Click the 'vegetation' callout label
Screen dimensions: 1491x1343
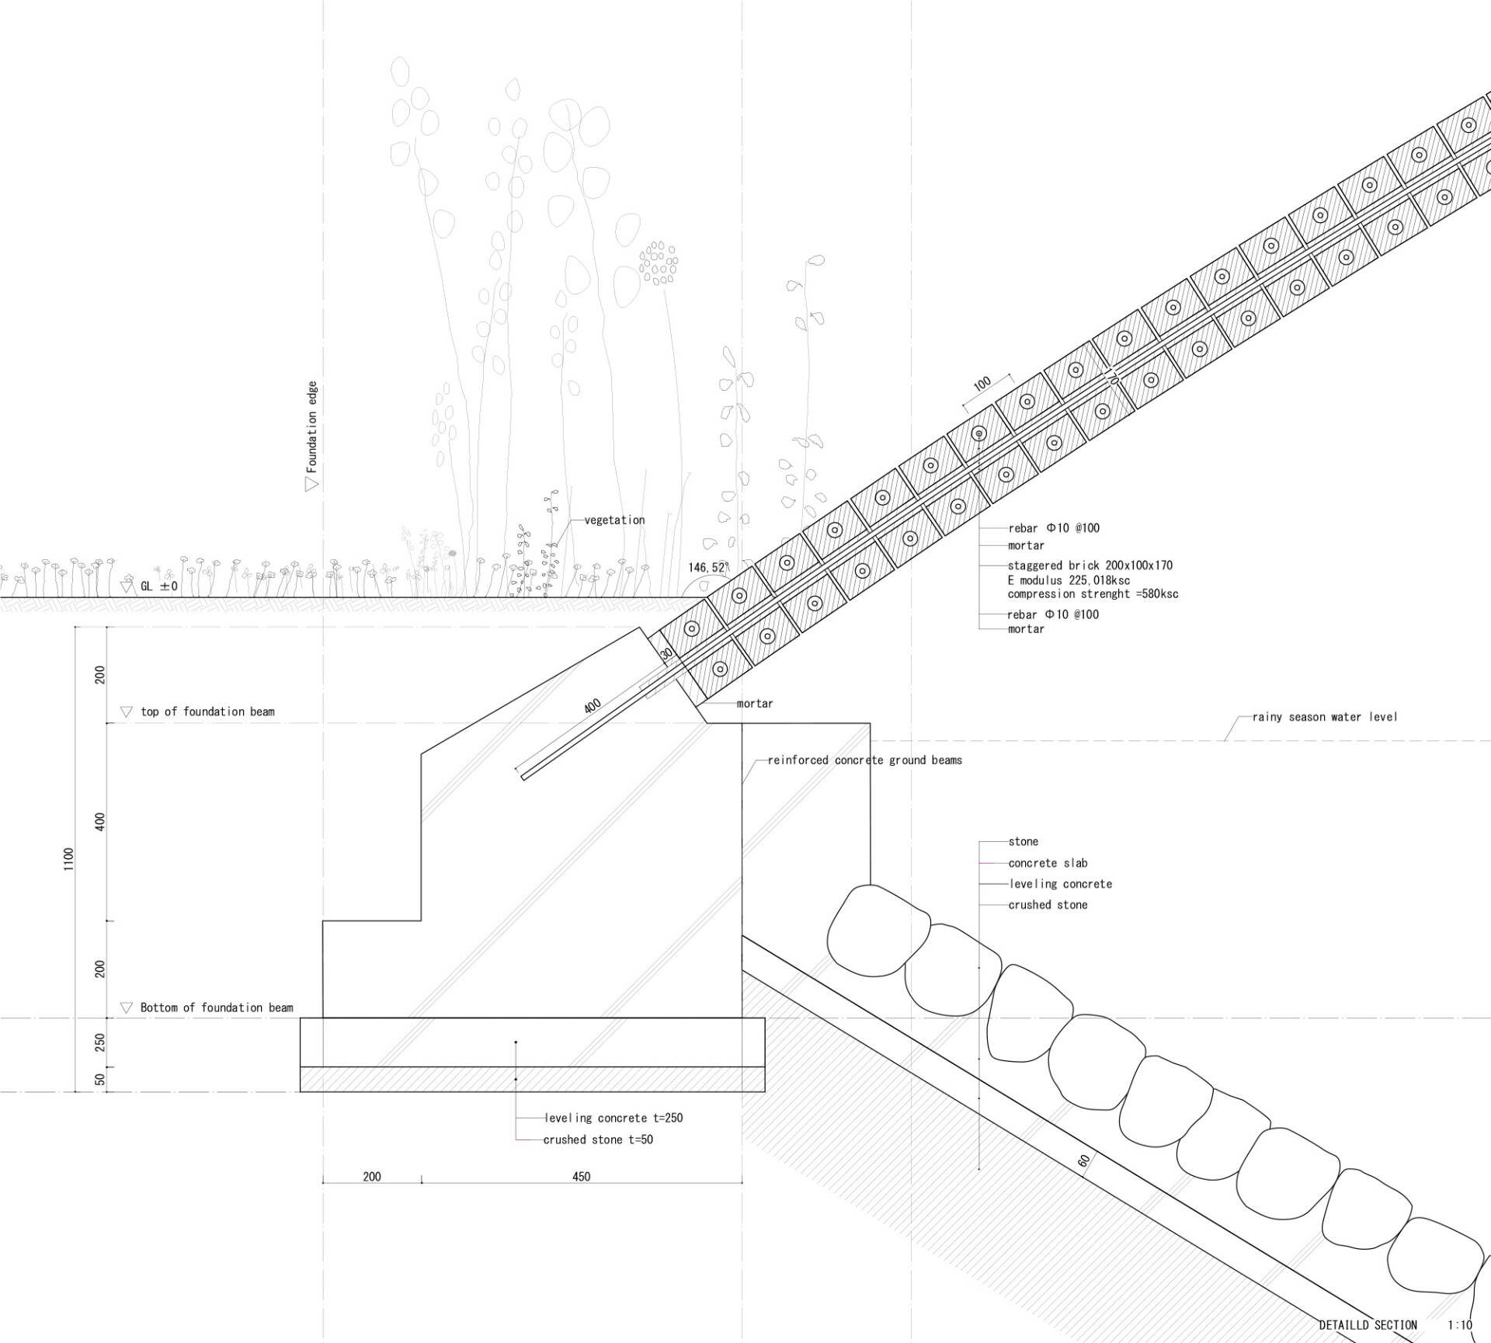pos(614,520)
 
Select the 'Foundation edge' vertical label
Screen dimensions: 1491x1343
pos(312,426)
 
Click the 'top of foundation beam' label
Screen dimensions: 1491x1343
pos(207,712)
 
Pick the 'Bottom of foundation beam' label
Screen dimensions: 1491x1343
pos(217,1007)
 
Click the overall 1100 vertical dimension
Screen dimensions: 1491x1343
pos(69,859)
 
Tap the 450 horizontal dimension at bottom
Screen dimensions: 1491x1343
pos(581,1177)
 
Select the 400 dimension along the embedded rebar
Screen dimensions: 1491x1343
pos(593,707)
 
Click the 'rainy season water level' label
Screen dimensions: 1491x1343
pos(1324,717)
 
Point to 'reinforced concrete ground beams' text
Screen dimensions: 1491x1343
pos(865,760)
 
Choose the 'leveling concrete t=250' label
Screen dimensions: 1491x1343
pos(613,1118)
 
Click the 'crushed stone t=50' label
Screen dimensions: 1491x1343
pos(598,1139)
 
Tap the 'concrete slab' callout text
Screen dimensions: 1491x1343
pos(1048,863)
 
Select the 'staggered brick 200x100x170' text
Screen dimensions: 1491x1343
pos(1090,565)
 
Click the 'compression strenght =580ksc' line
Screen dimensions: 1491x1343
pos(1093,594)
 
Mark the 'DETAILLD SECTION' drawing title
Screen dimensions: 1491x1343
pos(1368,1325)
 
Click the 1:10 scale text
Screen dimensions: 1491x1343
pos(1460,1325)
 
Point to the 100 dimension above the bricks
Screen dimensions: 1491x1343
pos(982,384)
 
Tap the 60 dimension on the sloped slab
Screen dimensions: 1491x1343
pos(1084,1161)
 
